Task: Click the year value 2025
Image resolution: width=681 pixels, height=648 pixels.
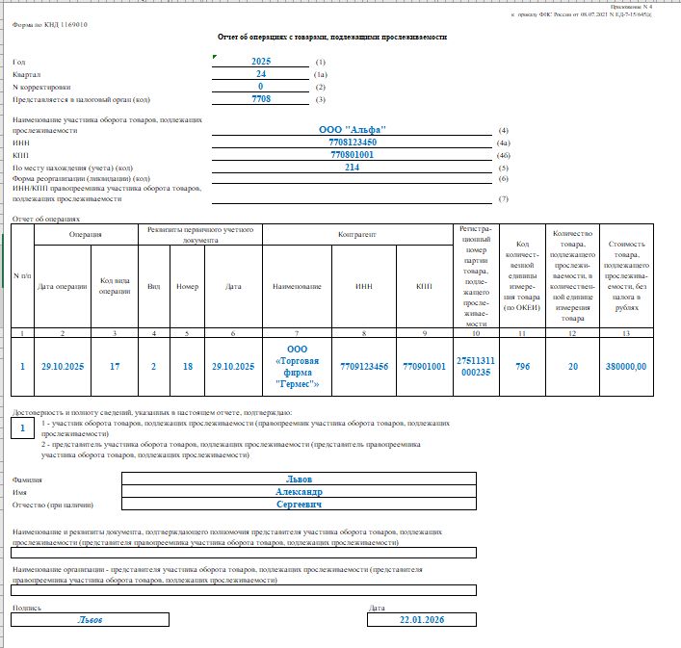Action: point(261,61)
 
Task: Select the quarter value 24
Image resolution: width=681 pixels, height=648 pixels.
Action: point(261,73)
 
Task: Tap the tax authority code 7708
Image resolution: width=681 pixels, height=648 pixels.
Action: point(261,99)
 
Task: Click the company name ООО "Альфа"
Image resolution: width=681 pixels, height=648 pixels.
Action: point(353,129)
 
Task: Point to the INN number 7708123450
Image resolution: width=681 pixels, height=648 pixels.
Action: point(353,142)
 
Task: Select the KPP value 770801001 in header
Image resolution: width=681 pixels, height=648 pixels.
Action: point(353,154)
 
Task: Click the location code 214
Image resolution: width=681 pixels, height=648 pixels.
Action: point(353,167)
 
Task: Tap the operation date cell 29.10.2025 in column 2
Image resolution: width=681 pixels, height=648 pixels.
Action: point(63,366)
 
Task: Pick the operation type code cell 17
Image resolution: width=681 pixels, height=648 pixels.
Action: point(115,366)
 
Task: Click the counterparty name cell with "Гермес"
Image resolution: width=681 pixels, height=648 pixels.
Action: point(297,366)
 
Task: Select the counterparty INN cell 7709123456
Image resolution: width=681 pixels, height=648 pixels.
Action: point(363,366)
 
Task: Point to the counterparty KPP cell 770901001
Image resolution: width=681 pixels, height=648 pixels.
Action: point(424,366)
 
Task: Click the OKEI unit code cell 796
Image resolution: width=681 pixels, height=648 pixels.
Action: point(522,366)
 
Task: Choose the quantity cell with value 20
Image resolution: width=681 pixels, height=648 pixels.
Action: point(573,366)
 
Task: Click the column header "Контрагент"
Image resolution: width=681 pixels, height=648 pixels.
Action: point(357,234)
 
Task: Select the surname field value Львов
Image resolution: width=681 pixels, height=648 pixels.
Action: point(300,479)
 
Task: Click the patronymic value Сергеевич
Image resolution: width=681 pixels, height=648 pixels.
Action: point(300,504)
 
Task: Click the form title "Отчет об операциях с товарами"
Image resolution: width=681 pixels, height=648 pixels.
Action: point(331,37)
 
